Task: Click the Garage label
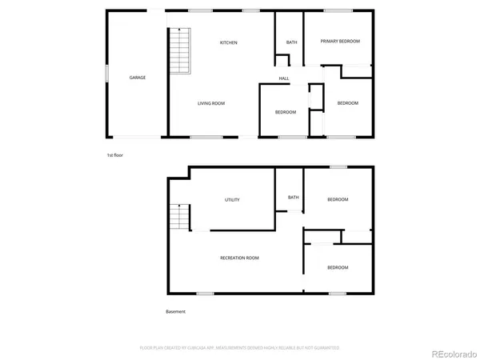click(138, 78)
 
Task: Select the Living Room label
click(211, 103)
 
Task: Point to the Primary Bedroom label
click(342, 41)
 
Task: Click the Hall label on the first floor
click(284, 78)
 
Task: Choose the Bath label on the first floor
click(292, 42)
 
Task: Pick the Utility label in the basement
click(233, 200)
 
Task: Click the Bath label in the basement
click(294, 198)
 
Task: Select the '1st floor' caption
click(115, 154)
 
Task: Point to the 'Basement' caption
click(176, 311)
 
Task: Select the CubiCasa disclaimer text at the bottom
click(240, 348)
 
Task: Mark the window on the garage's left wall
click(106, 74)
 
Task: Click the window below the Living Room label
click(206, 138)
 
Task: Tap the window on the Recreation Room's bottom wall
click(205, 294)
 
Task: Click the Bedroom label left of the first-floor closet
click(286, 112)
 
